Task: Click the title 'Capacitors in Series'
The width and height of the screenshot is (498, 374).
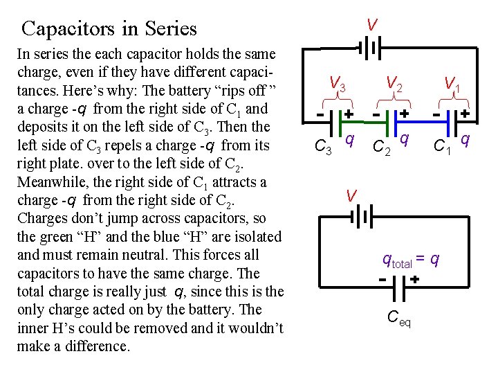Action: (x=109, y=29)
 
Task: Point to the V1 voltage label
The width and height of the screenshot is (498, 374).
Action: (x=453, y=84)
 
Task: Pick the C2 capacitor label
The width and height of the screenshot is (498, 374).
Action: (x=380, y=147)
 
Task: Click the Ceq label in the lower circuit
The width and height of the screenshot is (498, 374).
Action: (x=398, y=319)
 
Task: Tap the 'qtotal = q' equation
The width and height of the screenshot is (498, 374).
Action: (x=411, y=260)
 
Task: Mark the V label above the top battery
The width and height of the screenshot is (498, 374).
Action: (x=372, y=25)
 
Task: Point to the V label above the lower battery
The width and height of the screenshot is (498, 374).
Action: (x=351, y=196)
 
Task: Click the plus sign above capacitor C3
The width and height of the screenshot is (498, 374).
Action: (x=349, y=112)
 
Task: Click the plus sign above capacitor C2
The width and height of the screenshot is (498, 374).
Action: (x=404, y=112)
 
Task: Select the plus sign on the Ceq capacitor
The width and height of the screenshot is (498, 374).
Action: (x=414, y=279)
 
